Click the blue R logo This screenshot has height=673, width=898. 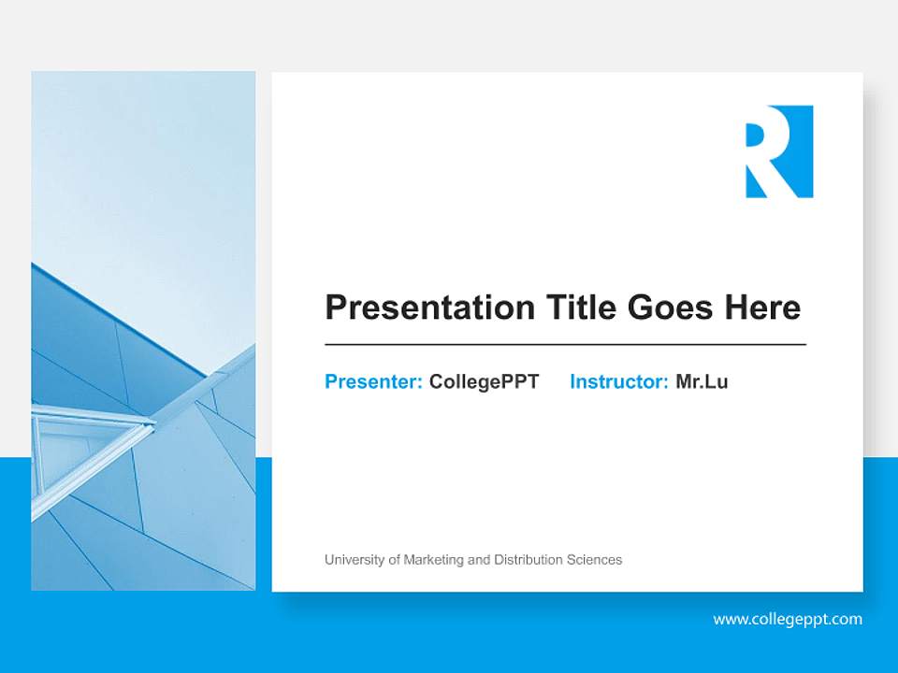779,151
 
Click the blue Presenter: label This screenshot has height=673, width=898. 373,381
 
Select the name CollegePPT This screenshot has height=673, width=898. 484,381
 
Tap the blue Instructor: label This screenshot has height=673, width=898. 618,381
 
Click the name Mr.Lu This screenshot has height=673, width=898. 702,381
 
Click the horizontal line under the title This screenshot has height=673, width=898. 565,345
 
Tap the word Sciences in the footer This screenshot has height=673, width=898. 594,560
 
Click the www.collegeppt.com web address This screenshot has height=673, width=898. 788,619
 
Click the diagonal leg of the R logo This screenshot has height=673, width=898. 786,182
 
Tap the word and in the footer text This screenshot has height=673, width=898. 478,560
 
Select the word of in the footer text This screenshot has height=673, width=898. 393,560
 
